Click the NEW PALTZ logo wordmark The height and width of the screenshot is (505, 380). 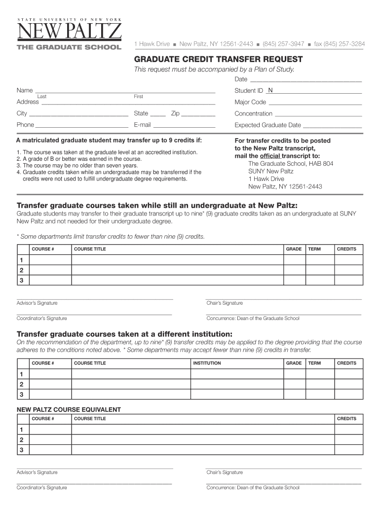(x=69, y=32)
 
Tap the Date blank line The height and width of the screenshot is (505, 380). (x=305, y=79)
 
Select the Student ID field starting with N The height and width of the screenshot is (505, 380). (x=314, y=91)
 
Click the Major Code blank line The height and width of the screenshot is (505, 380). (x=315, y=103)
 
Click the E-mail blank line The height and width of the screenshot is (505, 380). (x=184, y=125)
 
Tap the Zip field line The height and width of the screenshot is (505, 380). (x=198, y=114)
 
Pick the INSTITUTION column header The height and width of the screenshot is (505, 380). (x=207, y=363)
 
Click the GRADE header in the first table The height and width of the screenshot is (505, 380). (x=294, y=249)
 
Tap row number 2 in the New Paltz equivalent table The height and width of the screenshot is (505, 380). (x=21, y=439)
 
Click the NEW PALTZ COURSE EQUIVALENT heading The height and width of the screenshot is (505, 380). (x=69, y=409)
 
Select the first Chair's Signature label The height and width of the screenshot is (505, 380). (x=225, y=303)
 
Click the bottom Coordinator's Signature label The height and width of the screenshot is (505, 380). (x=42, y=488)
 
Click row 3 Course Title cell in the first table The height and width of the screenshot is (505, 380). (x=177, y=281)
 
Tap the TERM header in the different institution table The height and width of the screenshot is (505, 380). (x=314, y=363)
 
